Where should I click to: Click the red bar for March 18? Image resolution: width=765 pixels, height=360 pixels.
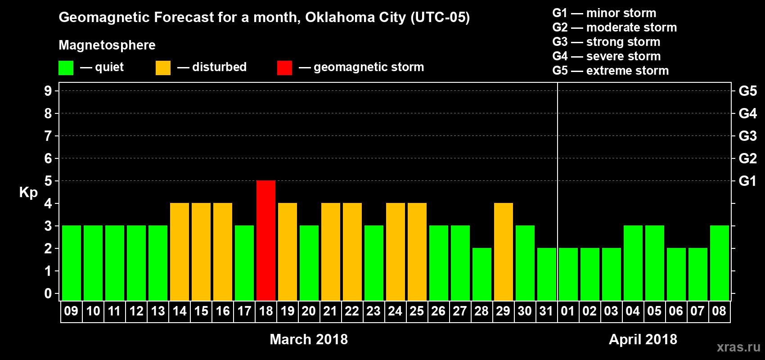[x=266, y=240]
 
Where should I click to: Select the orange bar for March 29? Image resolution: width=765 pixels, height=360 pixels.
[x=504, y=252]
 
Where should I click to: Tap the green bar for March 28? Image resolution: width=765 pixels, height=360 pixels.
[x=482, y=274]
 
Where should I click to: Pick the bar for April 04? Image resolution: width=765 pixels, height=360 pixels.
[x=633, y=263]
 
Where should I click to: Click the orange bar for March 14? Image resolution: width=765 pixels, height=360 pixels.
[x=180, y=252]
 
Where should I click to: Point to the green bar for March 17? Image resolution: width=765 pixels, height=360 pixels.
[x=244, y=263]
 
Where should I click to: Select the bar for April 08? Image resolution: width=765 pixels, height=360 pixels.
[x=720, y=263]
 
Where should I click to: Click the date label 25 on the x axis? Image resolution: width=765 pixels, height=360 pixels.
[x=417, y=311]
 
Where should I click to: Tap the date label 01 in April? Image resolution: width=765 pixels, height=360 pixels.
[x=568, y=311]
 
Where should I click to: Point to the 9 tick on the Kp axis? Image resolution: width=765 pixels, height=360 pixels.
[x=48, y=91]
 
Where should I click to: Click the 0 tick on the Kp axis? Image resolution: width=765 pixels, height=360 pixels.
[x=48, y=293]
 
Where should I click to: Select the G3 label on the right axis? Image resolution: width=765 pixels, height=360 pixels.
[x=747, y=136]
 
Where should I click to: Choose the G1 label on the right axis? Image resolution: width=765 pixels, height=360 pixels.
[x=747, y=181]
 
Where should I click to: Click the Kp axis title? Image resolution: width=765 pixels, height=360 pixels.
[x=28, y=192]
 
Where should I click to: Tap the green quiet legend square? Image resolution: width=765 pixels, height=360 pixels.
[x=66, y=68]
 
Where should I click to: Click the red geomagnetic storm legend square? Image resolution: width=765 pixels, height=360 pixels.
[x=284, y=68]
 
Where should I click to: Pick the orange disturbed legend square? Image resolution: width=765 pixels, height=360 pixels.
[x=163, y=68]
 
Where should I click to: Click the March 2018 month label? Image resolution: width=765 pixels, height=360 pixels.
[x=309, y=339]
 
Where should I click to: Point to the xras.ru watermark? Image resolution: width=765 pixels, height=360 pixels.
[x=738, y=347]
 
